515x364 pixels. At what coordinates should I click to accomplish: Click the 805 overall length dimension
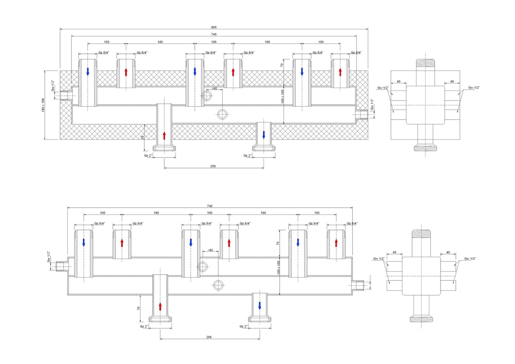[214, 27]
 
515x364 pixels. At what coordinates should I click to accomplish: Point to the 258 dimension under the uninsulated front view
[209, 337]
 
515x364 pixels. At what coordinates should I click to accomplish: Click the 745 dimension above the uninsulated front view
[209, 206]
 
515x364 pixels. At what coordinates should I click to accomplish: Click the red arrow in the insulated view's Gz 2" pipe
[164, 135]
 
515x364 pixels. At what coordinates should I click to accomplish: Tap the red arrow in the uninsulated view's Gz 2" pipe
[160, 306]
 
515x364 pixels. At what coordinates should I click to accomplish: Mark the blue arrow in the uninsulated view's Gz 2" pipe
[260, 306]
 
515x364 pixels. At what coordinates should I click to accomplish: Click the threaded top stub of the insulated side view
[426, 63]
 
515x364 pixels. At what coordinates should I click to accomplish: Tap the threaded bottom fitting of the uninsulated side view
[421, 319]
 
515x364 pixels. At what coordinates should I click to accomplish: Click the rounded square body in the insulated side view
[425, 105]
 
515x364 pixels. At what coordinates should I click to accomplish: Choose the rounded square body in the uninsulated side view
[421, 276]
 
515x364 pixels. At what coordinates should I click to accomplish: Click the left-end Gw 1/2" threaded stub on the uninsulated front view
[62, 266]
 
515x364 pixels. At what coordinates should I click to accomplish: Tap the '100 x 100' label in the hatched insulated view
[283, 97]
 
